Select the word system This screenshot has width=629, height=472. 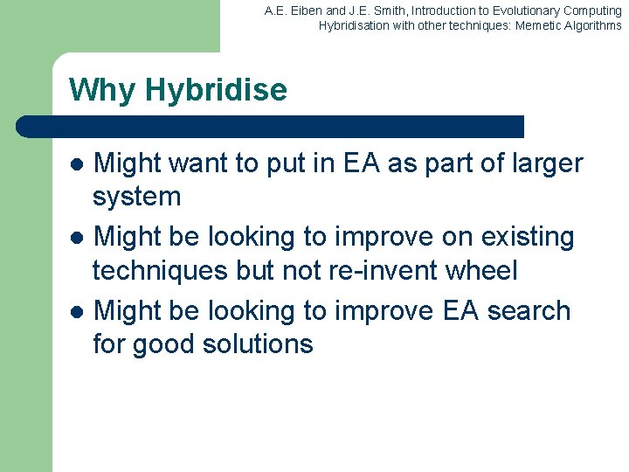[136, 197]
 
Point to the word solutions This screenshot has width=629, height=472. [258, 344]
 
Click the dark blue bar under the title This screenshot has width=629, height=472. [271, 126]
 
